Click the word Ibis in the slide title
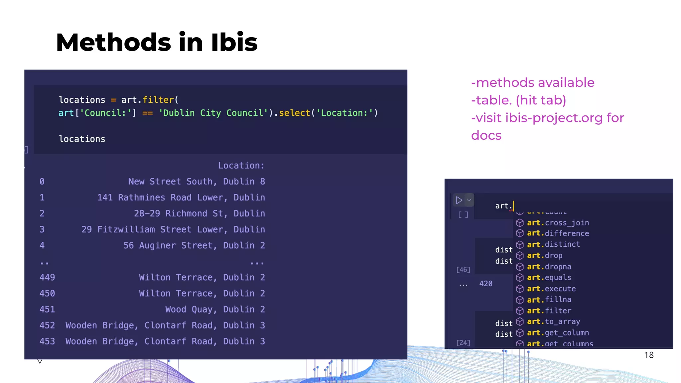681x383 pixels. tap(234, 42)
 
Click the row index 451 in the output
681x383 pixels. tap(47, 309)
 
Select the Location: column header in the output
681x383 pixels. tap(241, 166)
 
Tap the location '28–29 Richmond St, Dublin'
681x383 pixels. tap(199, 213)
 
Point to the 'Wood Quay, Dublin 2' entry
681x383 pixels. tap(215, 309)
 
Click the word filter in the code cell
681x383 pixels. tap(158, 100)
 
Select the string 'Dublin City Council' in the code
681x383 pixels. tap(213, 113)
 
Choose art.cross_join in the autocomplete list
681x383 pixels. tap(558, 223)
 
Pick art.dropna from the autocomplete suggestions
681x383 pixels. tap(549, 267)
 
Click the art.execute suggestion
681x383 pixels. tap(551, 289)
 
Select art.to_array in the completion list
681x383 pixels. tap(553, 321)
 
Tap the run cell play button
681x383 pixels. tap(459, 200)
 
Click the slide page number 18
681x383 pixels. tap(649, 355)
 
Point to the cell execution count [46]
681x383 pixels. tap(463, 270)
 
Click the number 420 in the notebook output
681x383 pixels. tap(486, 284)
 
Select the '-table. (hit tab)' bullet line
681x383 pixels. tap(518, 100)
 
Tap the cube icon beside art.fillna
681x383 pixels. tap(520, 300)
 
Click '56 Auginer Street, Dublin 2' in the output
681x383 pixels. tap(194, 245)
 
